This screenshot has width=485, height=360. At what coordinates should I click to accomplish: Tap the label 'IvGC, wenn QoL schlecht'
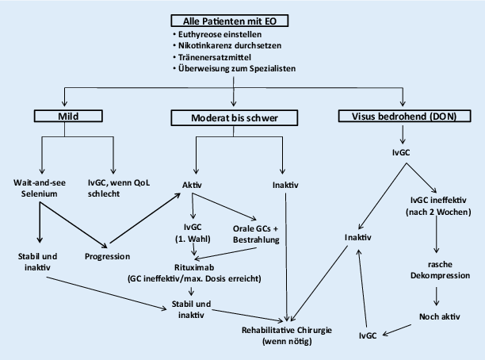[x=116, y=188]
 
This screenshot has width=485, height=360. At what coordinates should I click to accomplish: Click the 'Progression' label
[x=108, y=257]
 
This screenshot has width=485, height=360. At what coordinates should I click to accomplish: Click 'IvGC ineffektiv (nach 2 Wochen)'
[x=437, y=206]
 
